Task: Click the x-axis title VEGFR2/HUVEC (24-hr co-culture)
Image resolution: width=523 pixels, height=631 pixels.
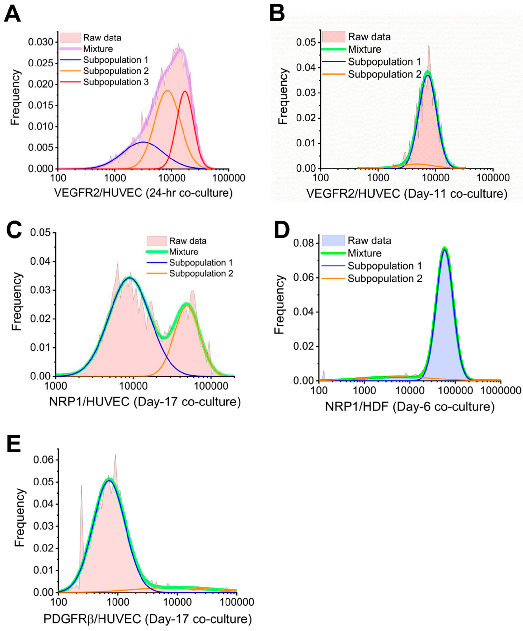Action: click(143, 193)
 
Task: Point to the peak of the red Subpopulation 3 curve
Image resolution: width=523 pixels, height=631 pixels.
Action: click(185, 91)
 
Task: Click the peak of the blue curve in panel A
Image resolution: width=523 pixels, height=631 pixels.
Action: click(143, 142)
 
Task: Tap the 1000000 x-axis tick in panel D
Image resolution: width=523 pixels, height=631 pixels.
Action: click(500, 390)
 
